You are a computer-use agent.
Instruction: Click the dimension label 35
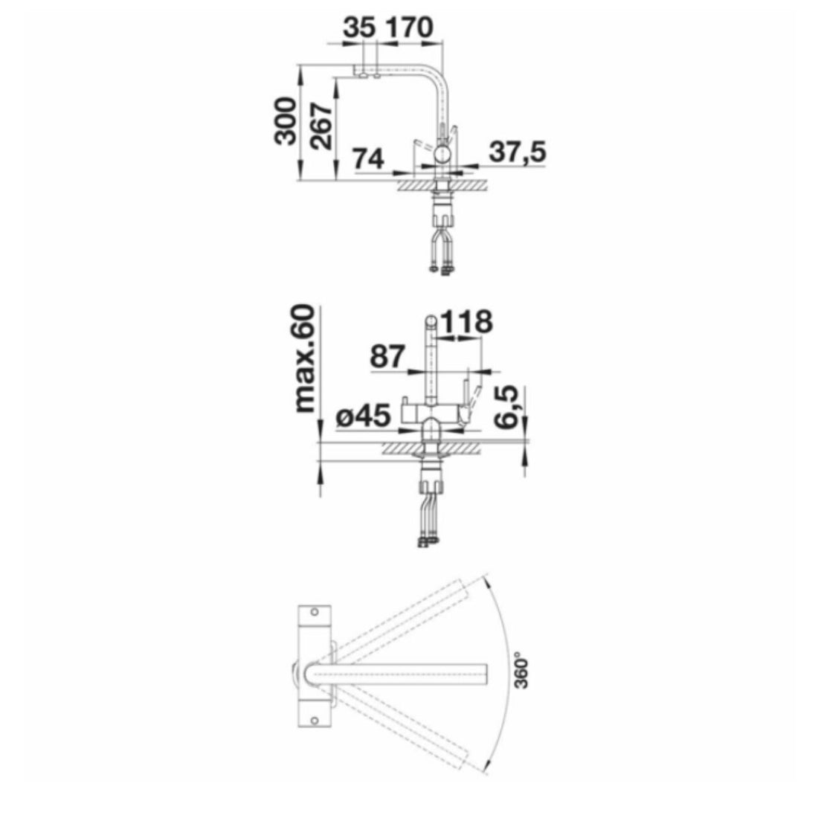(x=359, y=28)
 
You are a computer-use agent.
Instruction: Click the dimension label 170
(x=408, y=28)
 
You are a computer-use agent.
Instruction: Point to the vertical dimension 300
(x=286, y=121)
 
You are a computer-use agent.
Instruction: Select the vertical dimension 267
(x=321, y=126)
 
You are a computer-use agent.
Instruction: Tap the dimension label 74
(x=368, y=158)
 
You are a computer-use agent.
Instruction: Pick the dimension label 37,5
(x=518, y=152)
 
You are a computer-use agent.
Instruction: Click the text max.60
(x=305, y=358)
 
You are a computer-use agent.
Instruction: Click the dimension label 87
(x=387, y=357)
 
